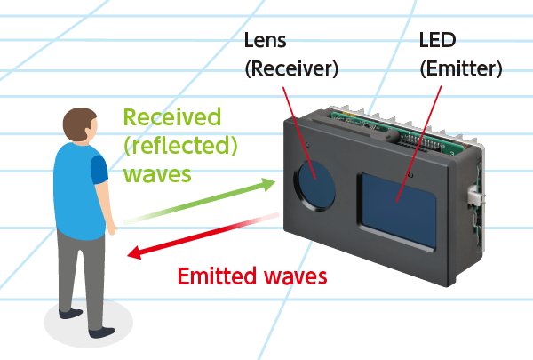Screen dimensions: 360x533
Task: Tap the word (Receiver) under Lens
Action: (x=290, y=68)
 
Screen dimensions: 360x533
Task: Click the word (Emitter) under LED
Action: (x=460, y=68)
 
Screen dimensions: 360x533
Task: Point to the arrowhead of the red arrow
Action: (x=134, y=255)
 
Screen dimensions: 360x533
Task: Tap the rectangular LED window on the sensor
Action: (x=396, y=211)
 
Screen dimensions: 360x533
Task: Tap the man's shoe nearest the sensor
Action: (x=103, y=332)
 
